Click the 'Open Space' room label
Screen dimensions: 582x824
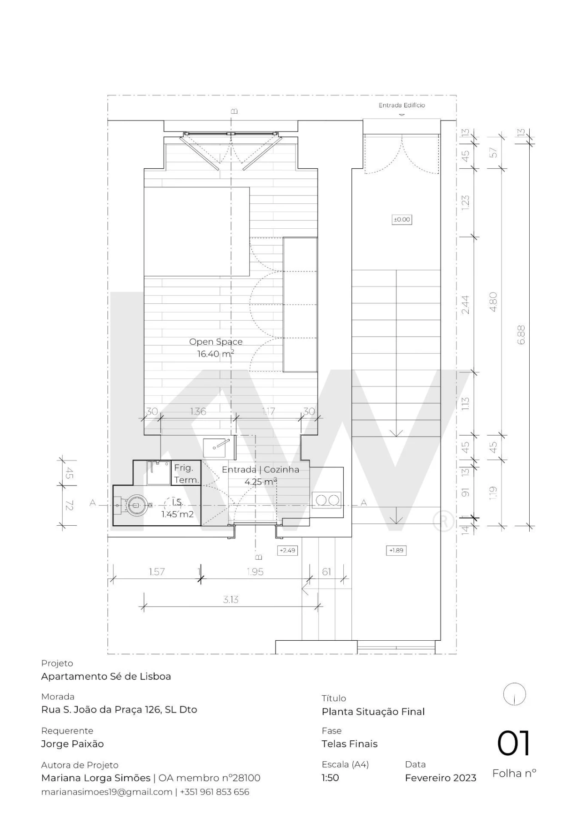point(216,342)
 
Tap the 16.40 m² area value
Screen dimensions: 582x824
point(216,354)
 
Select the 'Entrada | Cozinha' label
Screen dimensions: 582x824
point(260,470)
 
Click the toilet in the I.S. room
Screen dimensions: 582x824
point(136,505)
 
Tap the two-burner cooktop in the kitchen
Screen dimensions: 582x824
point(327,500)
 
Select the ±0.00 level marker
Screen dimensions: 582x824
point(401,220)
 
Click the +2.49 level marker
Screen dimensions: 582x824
point(287,550)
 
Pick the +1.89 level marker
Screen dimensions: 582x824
point(396,550)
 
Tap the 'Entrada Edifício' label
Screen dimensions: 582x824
point(402,105)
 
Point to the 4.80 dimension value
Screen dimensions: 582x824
point(493,302)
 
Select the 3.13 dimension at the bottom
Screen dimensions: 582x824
point(231,599)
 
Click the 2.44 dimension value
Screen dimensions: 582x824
point(465,305)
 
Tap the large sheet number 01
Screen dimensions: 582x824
point(514,744)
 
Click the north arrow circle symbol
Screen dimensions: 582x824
point(515,694)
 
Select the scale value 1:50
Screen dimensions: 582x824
point(331,778)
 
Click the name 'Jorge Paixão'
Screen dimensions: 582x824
point(72,744)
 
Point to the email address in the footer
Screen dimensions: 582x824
point(107,792)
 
